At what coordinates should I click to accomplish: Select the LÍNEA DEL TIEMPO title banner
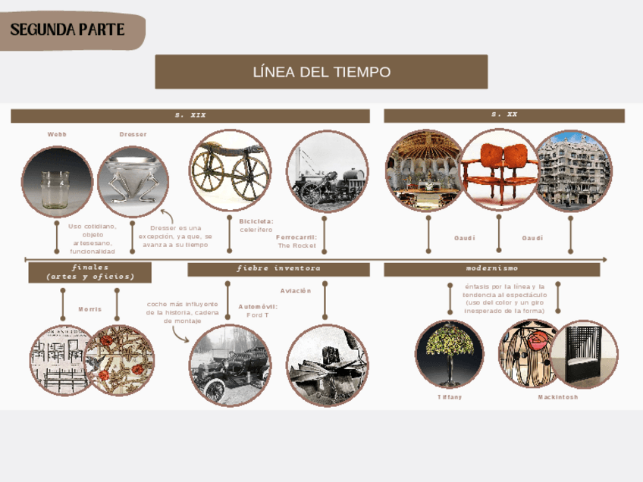(x=321, y=72)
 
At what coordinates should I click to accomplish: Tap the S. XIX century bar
(x=190, y=115)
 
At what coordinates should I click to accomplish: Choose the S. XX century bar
(x=504, y=115)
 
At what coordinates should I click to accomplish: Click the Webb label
(x=57, y=134)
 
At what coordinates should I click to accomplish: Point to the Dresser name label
(x=133, y=134)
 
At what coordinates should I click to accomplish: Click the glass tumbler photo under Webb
(x=57, y=182)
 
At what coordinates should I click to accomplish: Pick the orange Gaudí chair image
(x=498, y=169)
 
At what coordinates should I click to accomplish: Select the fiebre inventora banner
(x=278, y=269)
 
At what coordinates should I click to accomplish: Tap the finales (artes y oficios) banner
(x=90, y=272)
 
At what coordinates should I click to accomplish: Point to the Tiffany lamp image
(x=450, y=353)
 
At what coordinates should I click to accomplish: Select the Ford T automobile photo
(x=230, y=365)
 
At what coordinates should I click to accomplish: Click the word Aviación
(x=296, y=291)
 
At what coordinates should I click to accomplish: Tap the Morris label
(x=89, y=309)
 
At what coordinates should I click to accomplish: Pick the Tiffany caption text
(x=450, y=397)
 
